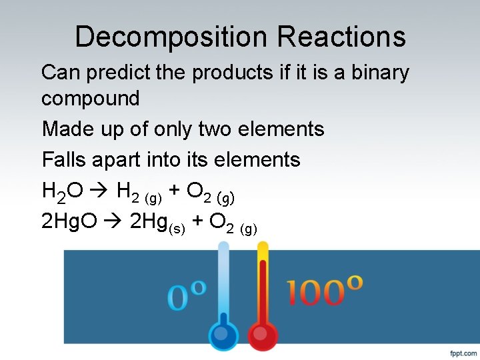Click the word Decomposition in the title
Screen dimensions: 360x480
[x=172, y=37]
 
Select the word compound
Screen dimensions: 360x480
[x=91, y=99]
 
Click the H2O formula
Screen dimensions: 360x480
[x=62, y=192]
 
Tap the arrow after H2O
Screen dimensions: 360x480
[x=99, y=192]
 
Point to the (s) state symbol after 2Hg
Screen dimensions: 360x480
[x=177, y=229]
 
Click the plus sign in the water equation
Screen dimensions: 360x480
[x=175, y=191]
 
